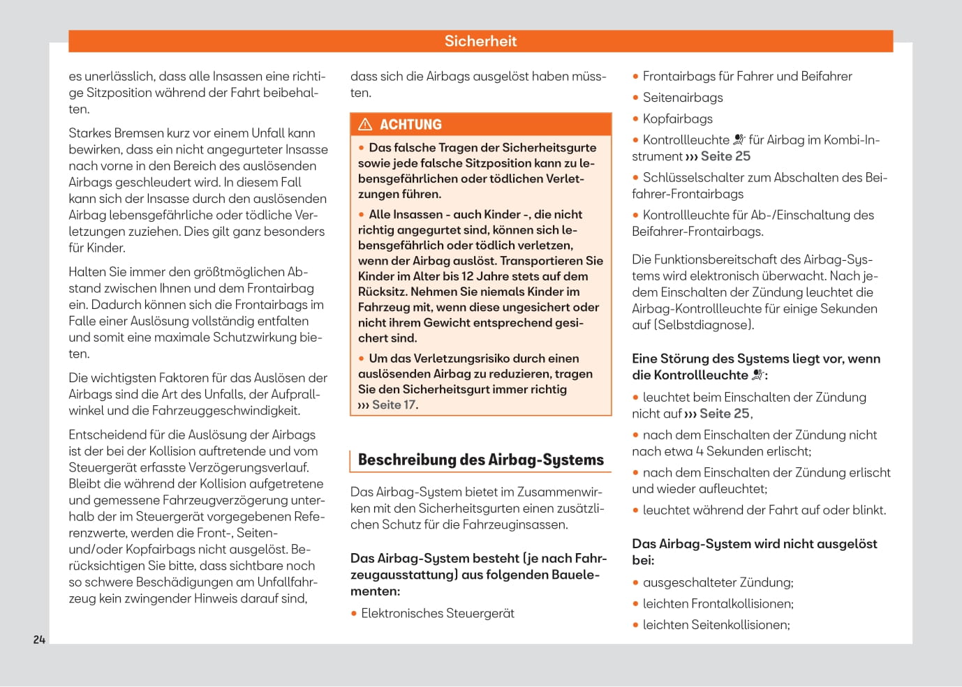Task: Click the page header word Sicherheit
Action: pos(480,41)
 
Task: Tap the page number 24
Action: pos(39,640)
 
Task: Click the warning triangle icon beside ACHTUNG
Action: pos(365,125)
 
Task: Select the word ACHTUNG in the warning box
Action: pos(410,125)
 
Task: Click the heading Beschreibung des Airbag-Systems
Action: pos(480,460)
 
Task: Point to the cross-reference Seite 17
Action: pos(394,405)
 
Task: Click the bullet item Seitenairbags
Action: pos(682,98)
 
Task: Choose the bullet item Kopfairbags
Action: pos(677,119)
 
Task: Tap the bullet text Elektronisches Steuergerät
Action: pos(437,613)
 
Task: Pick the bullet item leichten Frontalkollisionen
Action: pos(718,604)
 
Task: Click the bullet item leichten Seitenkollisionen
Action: pos(716,625)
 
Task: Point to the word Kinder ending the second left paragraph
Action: pos(105,248)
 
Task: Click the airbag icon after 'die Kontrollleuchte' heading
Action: pos(758,375)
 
